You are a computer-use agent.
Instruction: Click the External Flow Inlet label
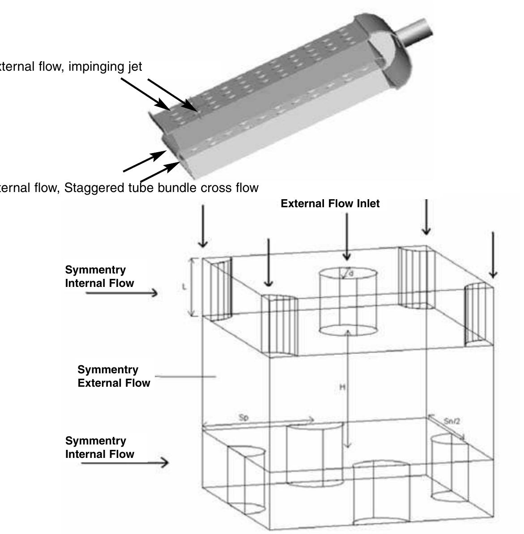click(330, 204)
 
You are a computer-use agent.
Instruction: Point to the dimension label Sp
click(243, 417)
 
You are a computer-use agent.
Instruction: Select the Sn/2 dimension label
click(452, 421)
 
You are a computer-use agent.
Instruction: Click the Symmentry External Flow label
click(114, 376)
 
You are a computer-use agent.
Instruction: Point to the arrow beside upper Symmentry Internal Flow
click(122, 293)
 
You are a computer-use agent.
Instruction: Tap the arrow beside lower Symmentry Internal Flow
click(125, 462)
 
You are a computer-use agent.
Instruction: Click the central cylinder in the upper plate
click(348, 302)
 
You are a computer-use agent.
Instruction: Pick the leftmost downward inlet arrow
click(203, 226)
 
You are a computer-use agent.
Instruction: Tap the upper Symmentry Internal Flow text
click(99, 276)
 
